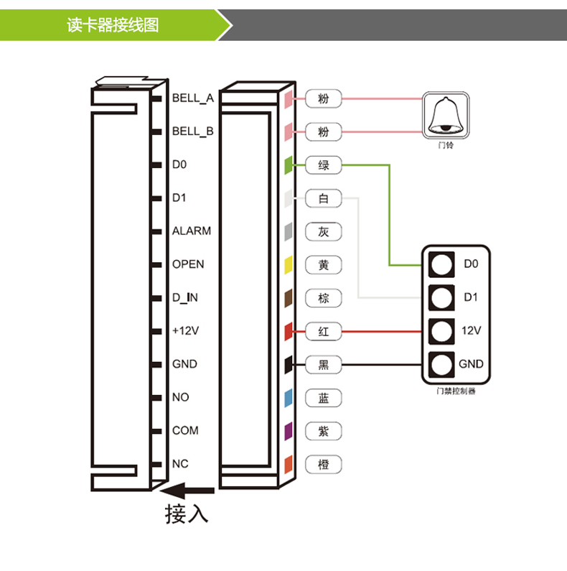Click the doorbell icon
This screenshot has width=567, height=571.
446,116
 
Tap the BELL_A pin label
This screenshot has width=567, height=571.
192,98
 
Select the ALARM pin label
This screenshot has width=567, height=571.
191,231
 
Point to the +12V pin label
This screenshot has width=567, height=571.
185,331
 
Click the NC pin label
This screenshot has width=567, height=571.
180,464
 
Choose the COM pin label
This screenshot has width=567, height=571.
185,430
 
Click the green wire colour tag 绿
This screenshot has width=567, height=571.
324,166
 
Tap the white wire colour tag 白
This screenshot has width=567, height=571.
324,199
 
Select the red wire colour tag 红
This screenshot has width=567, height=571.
324,332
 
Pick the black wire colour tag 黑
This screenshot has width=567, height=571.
324,365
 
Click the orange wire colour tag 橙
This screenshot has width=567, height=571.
324,465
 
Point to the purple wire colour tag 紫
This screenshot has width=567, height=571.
324,431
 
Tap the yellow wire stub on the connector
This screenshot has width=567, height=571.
288,265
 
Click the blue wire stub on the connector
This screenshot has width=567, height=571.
288,398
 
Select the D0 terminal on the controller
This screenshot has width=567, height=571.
442,264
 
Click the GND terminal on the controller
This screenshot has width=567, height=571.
442,364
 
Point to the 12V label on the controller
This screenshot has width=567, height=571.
470,330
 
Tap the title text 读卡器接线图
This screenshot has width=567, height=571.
113,25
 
